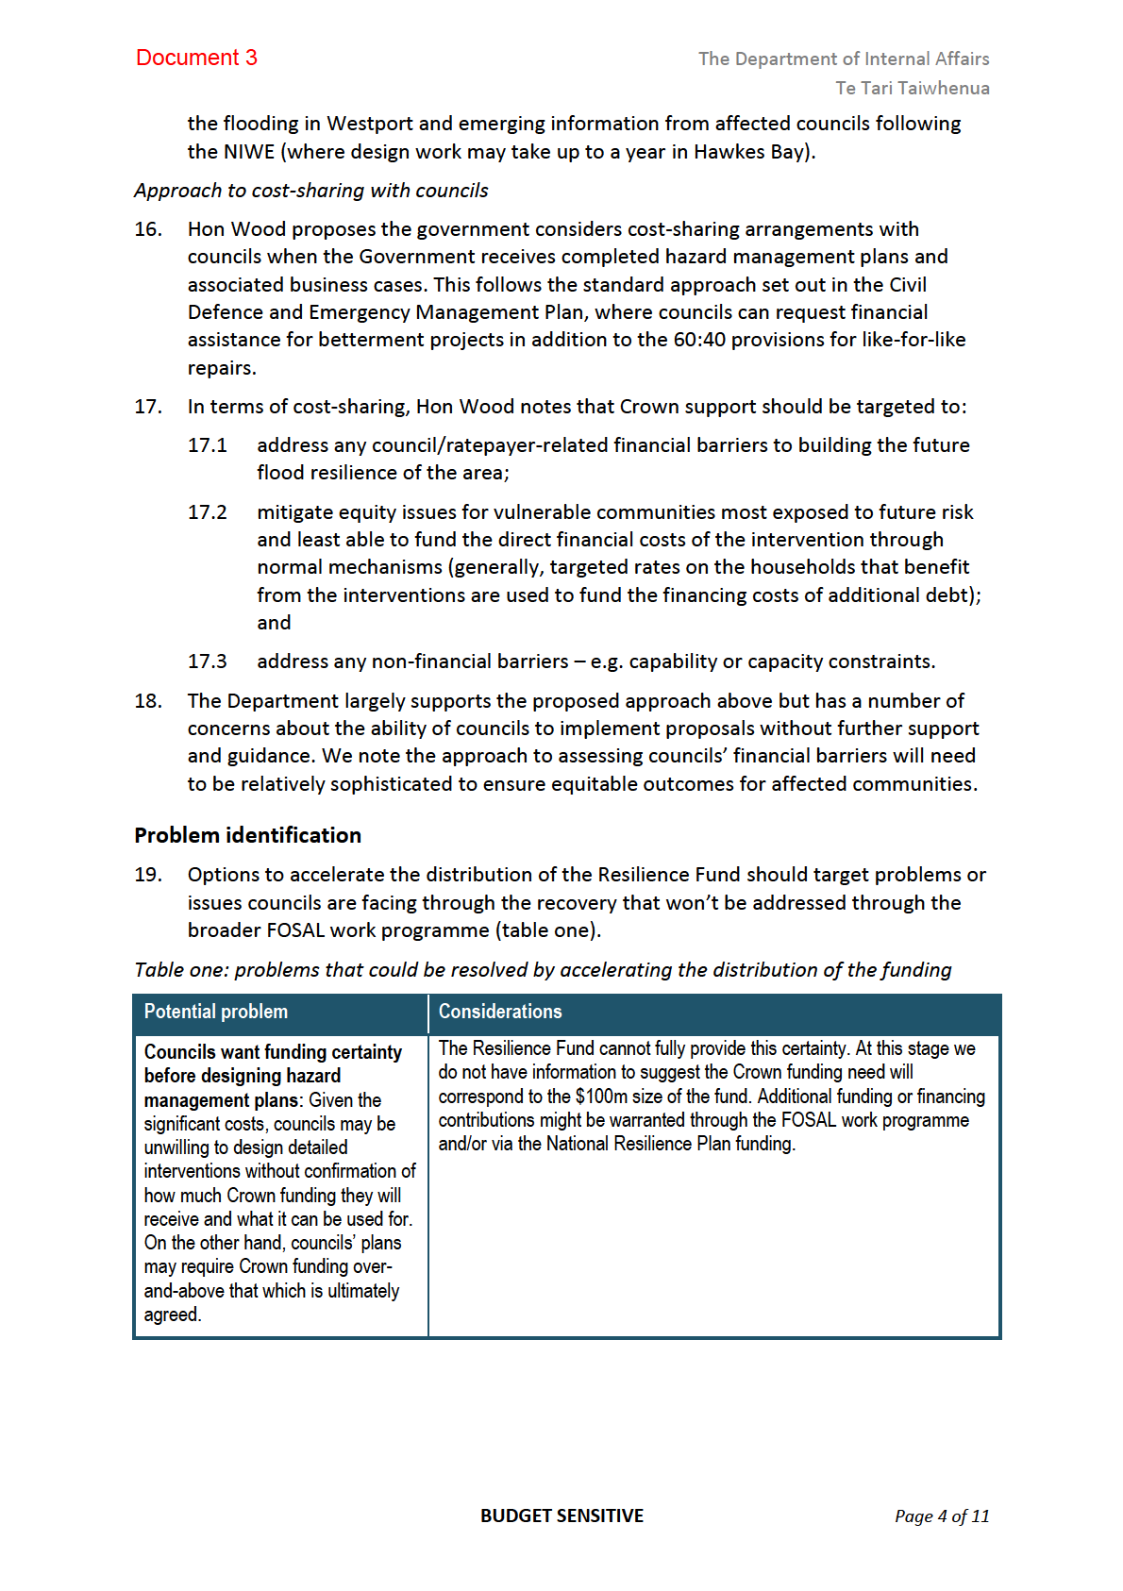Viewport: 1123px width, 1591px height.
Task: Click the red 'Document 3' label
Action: [x=196, y=58]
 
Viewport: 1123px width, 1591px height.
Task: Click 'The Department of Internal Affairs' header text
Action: [x=843, y=59]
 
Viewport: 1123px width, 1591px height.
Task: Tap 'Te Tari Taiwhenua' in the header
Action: [x=912, y=88]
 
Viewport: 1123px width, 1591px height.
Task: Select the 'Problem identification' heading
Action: [x=247, y=835]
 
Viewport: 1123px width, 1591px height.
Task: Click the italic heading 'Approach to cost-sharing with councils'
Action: [x=310, y=191]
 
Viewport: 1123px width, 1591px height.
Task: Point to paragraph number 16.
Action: [x=148, y=229]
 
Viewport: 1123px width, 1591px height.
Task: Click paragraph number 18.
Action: [x=148, y=701]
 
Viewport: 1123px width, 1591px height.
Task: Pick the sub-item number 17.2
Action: [x=208, y=512]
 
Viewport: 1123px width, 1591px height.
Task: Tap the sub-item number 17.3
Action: [x=208, y=662]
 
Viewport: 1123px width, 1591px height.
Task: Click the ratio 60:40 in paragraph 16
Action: [x=699, y=340]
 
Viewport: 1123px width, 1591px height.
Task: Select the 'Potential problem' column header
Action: [x=216, y=1012]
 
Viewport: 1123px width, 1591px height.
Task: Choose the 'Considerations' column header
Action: [x=500, y=1012]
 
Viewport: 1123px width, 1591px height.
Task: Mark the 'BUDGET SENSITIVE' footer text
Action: [x=561, y=1516]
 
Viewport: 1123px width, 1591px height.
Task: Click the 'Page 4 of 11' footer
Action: [x=942, y=1516]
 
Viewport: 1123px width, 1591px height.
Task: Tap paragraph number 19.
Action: [x=148, y=875]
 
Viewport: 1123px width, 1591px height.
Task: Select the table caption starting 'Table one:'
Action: [x=543, y=970]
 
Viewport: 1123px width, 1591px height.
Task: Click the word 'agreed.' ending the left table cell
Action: [x=173, y=1315]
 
